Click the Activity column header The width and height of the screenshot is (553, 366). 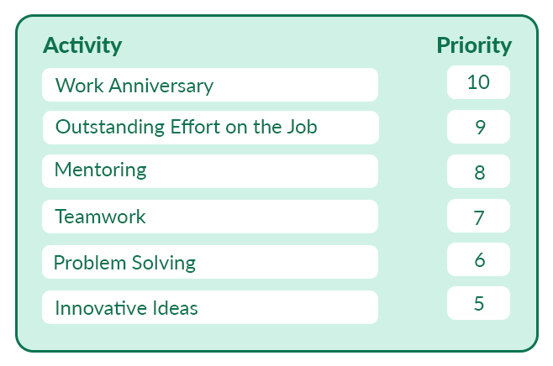click(82, 46)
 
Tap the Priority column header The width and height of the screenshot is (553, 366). click(474, 46)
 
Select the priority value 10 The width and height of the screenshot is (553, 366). click(478, 82)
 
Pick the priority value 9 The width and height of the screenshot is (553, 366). click(481, 127)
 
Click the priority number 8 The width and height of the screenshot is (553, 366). click(480, 172)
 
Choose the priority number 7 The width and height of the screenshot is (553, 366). click(479, 217)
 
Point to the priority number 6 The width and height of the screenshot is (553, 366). click(480, 260)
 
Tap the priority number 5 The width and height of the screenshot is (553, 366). click(479, 304)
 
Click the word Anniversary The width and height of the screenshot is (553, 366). click(161, 86)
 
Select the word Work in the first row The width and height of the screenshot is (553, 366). click(79, 86)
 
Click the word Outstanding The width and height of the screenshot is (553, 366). click(110, 128)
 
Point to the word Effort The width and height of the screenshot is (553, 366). click(195, 127)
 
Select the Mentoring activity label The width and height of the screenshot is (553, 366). click(101, 170)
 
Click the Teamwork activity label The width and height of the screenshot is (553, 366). click(100, 217)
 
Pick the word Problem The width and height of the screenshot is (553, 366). click(90, 263)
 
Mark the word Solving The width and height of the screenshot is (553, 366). click(164, 263)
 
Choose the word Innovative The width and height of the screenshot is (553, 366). click(101, 308)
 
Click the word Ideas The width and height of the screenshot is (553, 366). click(175, 308)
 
